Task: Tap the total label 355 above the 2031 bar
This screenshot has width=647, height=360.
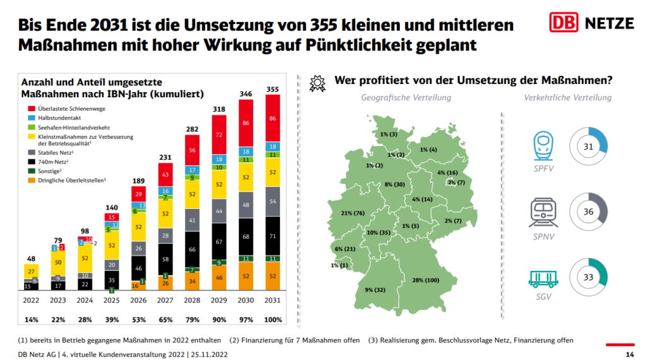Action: click(273, 88)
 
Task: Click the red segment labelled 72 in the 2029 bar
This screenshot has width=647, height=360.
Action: click(219, 135)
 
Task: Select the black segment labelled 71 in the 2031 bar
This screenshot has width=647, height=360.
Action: click(273, 236)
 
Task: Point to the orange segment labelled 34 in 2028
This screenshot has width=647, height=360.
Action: click(192, 280)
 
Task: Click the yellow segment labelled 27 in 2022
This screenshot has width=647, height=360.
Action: click(31, 271)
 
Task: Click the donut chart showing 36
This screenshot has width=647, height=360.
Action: click(588, 212)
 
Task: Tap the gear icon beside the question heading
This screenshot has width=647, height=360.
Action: click(318, 82)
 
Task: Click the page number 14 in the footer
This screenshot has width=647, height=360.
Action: click(629, 354)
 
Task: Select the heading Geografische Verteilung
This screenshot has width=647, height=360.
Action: click(406, 98)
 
